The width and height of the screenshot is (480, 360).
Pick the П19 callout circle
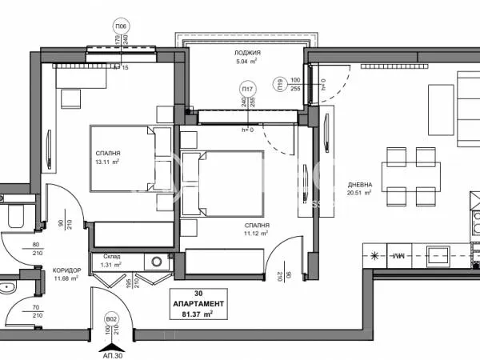[279, 82]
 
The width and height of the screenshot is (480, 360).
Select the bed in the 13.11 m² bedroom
[122, 158]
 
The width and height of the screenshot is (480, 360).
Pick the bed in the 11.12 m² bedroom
[222, 182]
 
